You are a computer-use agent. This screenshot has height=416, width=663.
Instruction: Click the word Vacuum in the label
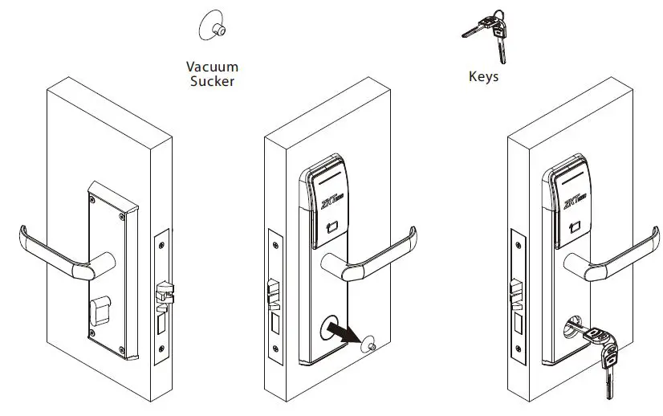[x=213, y=67]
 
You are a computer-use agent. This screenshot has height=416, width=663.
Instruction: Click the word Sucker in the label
[x=213, y=81]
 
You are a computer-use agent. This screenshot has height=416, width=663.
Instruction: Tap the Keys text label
[x=483, y=77]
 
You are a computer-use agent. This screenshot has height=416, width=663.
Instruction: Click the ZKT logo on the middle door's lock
[x=331, y=198]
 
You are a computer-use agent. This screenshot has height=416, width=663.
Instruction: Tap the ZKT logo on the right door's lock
[x=575, y=198]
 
